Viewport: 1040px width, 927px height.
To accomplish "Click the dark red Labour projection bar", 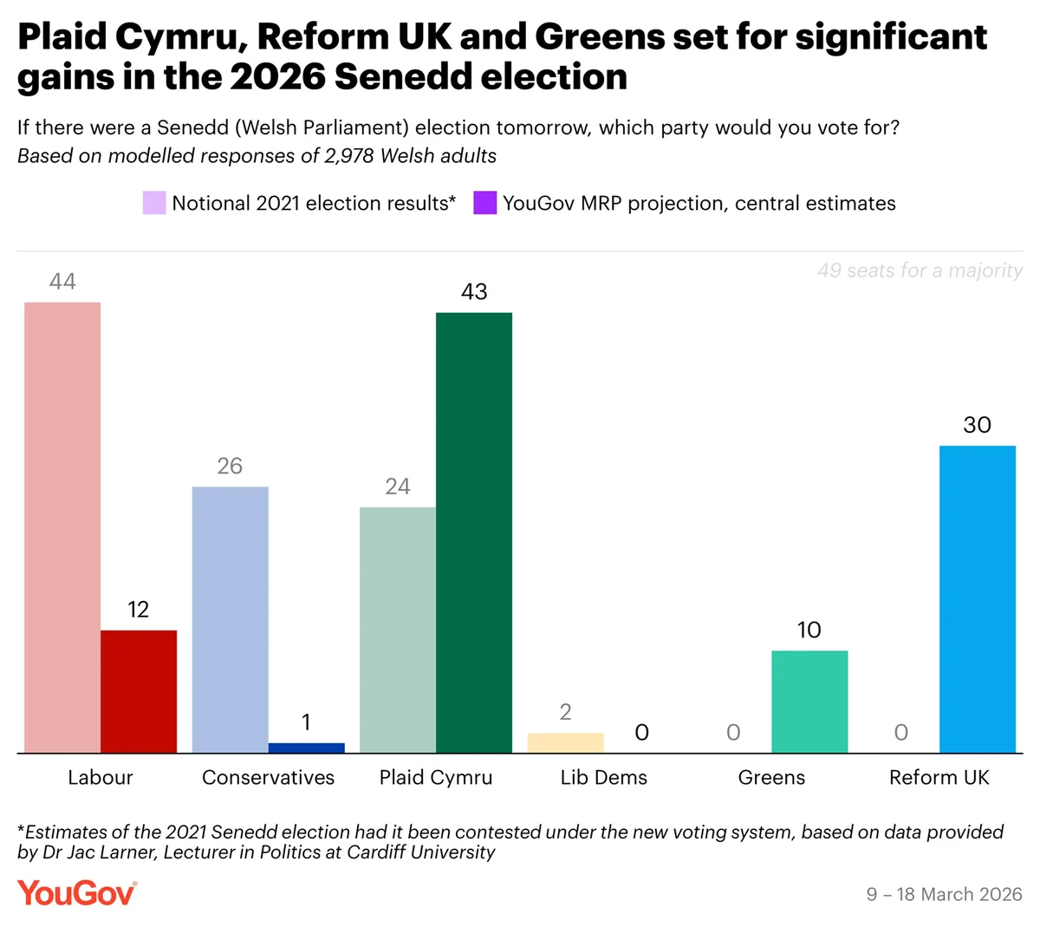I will pyautogui.click(x=139, y=691).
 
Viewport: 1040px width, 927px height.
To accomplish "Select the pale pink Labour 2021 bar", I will pyautogui.click(x=62, y=527).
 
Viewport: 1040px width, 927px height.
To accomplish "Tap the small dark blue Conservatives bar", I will pyautogui.click(x=306, y=747).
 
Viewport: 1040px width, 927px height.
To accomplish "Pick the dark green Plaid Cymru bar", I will pyautogui.click(x=474, y=532).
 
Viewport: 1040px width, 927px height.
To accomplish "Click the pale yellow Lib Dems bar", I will pyautogui.click(x=565, y=743).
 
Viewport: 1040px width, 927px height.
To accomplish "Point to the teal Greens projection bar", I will pyautogui.click(x=809, y=702).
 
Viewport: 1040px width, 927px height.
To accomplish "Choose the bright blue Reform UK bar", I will pyautogui.click(x=978, y=599).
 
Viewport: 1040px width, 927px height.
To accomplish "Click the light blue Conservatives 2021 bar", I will pyautogui.click(x=230, y=619).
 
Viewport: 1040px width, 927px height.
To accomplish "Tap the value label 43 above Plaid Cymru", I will pyautogui.click(x=474, y=292).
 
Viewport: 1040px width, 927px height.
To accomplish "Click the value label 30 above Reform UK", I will pyautogui.click(x=978, y=425).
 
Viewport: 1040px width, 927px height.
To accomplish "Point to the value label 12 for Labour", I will pyautogui.click(x=139, y=610).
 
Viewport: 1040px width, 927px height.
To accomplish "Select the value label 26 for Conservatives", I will pyautogui.click(x=230, y=467).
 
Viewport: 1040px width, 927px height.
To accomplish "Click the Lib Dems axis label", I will pyautogui.click(x=603, y=778).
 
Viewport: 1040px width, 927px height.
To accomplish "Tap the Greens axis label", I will pyautogui.click(x=771, y=778).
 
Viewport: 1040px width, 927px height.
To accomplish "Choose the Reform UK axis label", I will pyautogui.click(x=939, y=778).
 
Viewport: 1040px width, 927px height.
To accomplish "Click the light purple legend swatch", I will pyautogui.click(x=154, y=204).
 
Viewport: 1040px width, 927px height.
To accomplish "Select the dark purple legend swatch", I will pyautogui.click(x=484, y=204).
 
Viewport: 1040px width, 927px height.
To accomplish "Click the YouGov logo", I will pyautogui.click(x=77, y=893).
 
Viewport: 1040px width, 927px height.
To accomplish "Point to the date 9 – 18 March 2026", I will pyautogui.click(x=945, y=895).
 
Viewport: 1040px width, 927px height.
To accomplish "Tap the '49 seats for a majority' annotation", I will pyautogui.click(x=920, y=271).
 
